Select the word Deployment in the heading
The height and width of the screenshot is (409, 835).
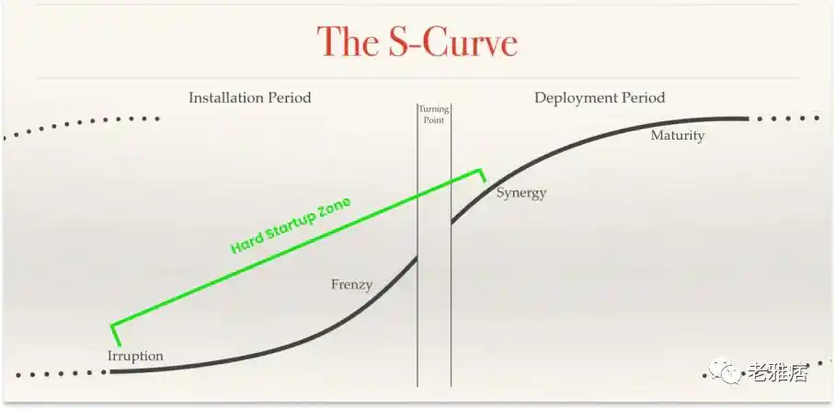pyautogui.click(x=571, y=98)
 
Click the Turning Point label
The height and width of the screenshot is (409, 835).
pyautogui.click(x=433, y=115)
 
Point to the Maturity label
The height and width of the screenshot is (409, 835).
pyautogui.click(x=678, y=136)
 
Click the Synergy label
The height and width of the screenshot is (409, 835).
pyautogui.click(x=521, y=193)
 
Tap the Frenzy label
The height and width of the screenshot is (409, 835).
pyautogui.click(x=351, y=285)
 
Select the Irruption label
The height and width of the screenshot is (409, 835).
pyautogui.click(x=135, y=356)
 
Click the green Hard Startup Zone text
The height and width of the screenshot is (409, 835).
pyautogui.click(x=291, y=225)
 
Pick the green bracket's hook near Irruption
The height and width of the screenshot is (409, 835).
pyautogui.click(x=116, y=335)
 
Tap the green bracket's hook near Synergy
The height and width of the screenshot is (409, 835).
pyautogui.click(x=483, y=176)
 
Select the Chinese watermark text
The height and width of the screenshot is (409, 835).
pyautogui.click(x=778, y=371)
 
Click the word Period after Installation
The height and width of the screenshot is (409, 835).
pyautogui.click(x=289, y=98)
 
